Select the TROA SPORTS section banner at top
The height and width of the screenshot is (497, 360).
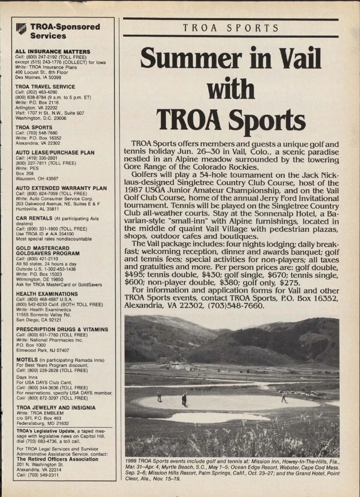(231, 28)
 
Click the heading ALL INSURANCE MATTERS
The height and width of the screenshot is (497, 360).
(53, 52)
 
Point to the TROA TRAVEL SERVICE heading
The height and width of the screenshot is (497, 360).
(45, 87)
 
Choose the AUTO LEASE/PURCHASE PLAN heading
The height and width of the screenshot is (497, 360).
(55, 152)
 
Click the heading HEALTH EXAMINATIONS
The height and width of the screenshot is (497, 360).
(47, 294)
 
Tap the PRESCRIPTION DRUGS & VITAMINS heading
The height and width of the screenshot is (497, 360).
(62, 329)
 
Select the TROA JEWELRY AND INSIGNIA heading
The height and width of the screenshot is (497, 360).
(56, 408)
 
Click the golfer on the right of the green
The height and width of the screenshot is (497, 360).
(283, 398)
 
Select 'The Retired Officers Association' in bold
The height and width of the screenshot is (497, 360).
(57, 459)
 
